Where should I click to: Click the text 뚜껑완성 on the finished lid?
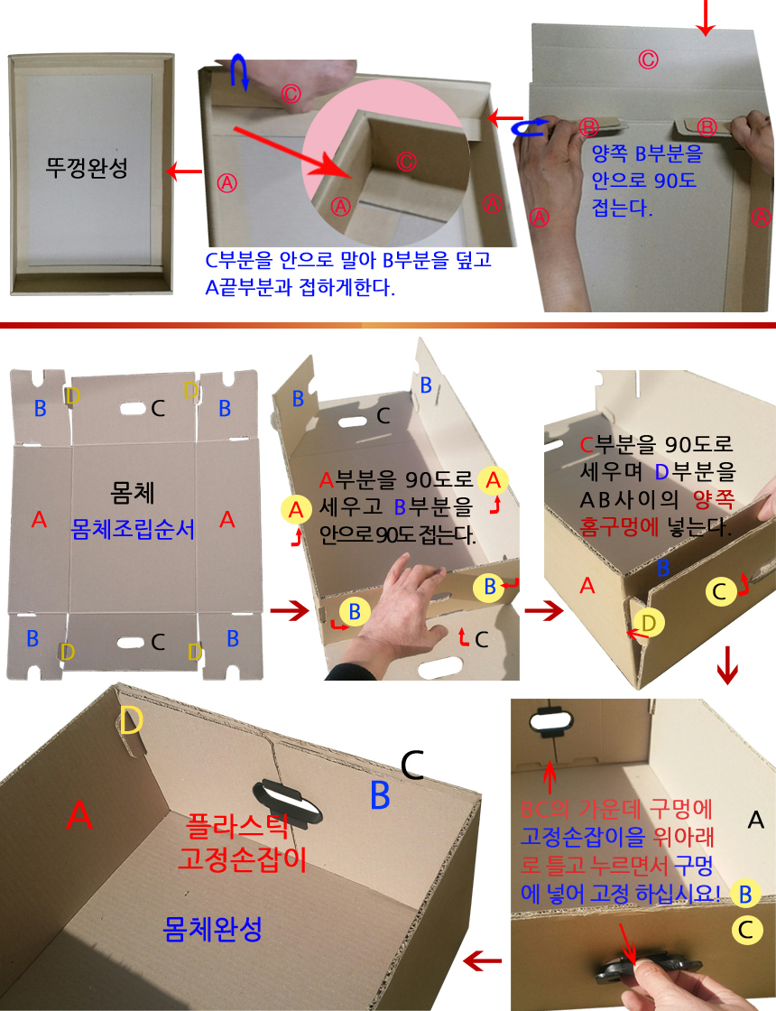(87, 168)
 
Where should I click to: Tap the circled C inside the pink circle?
(405, 162)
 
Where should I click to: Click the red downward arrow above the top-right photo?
(707, 17)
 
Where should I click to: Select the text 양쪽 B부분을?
(647, 153)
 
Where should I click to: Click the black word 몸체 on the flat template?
(132, 492)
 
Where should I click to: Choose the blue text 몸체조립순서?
(132, 529)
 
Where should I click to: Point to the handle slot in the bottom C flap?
(131, 643)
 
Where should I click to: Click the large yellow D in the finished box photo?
(131, 721)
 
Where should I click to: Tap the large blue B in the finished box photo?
(380, 794)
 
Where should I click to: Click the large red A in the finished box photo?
(79, 814)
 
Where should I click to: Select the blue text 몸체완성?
(213, 929)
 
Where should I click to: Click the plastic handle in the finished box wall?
(288, 800)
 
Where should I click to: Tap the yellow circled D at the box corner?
(649, 623)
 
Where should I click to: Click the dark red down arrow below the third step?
(727, 664)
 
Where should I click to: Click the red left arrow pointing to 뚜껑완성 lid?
(184, 172)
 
